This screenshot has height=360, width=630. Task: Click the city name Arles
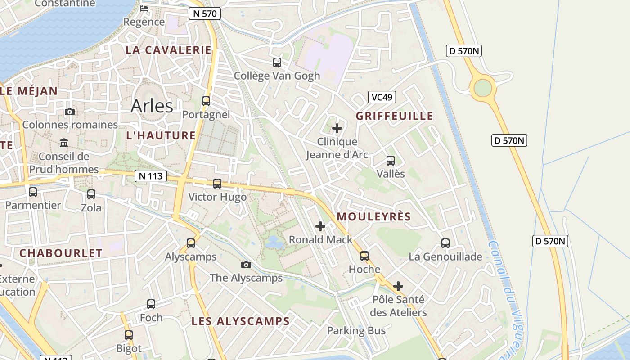click(152, 106)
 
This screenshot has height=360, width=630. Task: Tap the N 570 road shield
click(205, 13)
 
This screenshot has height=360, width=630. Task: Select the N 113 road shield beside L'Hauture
click(150, 176)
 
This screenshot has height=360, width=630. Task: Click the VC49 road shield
click(382, 97)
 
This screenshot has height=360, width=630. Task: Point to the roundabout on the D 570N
click(482, 88)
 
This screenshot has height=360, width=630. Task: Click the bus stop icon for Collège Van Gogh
click(277, 63)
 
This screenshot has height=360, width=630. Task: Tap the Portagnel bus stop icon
click(206, 101)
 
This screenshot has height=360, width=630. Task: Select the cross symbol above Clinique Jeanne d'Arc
click(337, 129)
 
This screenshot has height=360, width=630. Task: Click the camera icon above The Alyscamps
click(246, 265)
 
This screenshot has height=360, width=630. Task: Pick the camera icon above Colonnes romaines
click(70, 112)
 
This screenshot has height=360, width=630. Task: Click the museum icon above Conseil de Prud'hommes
click(64, 143)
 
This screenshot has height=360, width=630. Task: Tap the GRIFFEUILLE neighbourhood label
click(394, 116)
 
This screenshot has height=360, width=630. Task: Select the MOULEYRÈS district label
click(373, 216)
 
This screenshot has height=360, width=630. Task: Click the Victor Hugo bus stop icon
click(217, 184)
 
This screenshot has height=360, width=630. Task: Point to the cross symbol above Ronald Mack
click(320, 226)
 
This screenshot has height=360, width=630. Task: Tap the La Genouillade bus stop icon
click(445, 243)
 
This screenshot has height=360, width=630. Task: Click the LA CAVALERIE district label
click(168, 50)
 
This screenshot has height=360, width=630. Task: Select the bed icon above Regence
click(144, 8)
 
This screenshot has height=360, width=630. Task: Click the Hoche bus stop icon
click(364, 256)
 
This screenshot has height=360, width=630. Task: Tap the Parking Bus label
click(356, 331)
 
